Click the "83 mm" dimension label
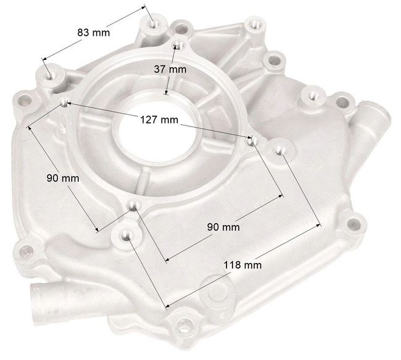point(94,32)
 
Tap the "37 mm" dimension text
point(170,70)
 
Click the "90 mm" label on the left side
point(63,178)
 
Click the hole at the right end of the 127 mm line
point(251,141)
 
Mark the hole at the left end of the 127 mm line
point(63,101)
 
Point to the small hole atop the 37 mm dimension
point(178,45)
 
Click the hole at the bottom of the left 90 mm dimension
point(133,206)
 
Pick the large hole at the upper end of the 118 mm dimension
point(279,149)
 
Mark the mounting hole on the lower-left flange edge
point(26,251)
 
